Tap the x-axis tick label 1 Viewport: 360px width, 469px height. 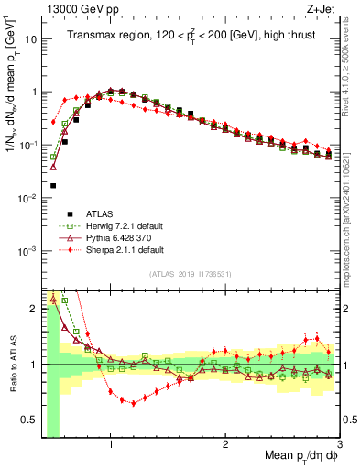tap(110, 444)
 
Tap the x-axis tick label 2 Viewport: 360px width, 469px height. tap(225, 444)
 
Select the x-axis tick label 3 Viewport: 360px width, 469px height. tap(339, 444)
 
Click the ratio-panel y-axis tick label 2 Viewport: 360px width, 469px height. tap(35, 308)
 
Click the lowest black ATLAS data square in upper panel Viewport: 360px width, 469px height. tap(53, 185)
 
